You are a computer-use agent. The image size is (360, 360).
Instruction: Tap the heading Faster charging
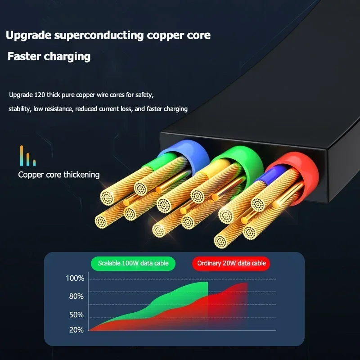(49, 57)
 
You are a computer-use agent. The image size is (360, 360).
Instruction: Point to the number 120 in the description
(39, 95)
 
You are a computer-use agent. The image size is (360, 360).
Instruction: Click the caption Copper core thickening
(59, 174)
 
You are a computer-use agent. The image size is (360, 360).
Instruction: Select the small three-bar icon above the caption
(27, 156)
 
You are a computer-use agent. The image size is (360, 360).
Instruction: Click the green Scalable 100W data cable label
(133, 263)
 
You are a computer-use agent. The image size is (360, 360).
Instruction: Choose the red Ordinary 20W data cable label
(231, 263)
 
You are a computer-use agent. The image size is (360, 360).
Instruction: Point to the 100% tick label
(75, 279)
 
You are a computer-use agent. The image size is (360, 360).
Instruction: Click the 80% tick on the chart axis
(76, 296)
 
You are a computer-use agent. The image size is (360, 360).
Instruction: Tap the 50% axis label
(76, 315)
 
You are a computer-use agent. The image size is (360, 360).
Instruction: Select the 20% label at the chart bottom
(76, 330)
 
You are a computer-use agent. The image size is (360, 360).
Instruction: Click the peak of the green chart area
(200, 283)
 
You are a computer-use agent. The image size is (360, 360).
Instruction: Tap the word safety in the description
(143, 95)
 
